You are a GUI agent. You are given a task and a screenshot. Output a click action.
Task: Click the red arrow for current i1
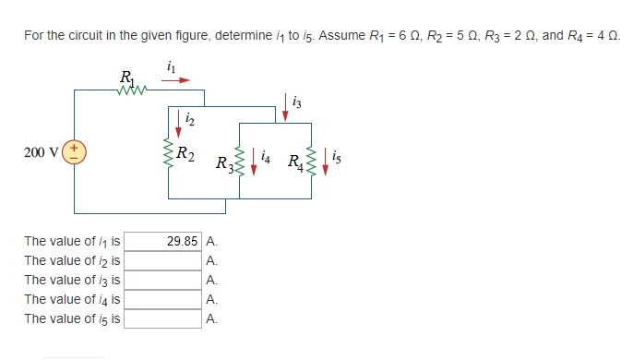178,80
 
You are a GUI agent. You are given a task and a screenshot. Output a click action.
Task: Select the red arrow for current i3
286,106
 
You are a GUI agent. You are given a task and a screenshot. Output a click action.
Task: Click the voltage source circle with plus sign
75,150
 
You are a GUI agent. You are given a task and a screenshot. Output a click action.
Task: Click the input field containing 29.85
162,241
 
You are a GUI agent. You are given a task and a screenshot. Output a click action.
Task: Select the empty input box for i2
162,260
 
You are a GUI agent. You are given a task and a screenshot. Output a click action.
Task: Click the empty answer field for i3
162,280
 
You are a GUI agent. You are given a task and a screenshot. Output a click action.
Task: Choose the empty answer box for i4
162,299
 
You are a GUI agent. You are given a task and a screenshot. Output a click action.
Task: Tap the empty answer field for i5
162,318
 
